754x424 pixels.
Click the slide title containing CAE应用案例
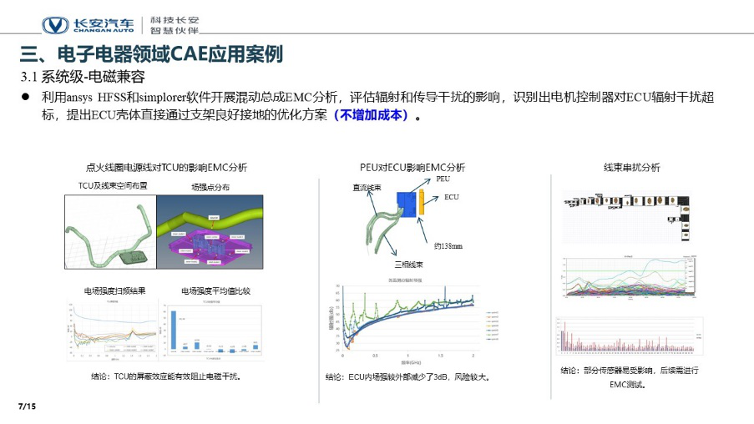point(151,54)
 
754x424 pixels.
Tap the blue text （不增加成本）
point(371,116)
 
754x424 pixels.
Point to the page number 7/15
point(27,406)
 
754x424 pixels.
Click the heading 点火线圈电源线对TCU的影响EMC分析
point(167,167)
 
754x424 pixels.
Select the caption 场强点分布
point(210,187)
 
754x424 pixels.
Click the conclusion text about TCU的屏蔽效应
point(165,376)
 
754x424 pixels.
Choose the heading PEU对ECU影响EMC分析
point(412,167)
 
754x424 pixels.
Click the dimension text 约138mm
point(448,247)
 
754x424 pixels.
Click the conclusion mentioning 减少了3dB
point(407,376)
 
